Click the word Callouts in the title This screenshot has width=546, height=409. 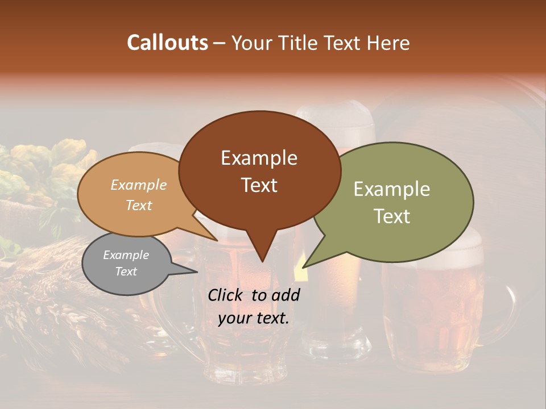tap(167, 43)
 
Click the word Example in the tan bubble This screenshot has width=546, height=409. tap(138, 185)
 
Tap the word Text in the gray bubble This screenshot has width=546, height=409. tap(126, 272)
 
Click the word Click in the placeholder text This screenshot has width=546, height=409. tap(226, 295)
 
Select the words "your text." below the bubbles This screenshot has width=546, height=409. tap(254, 318)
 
